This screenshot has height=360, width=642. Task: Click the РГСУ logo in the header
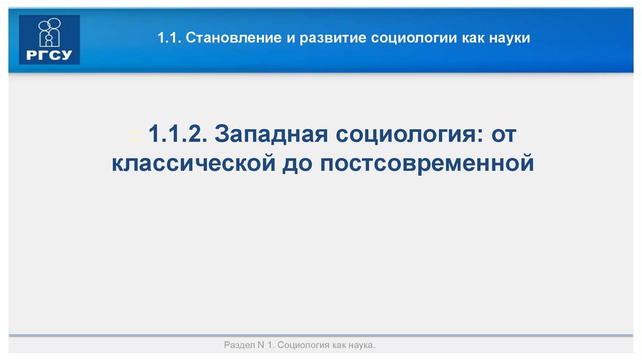point(50,40)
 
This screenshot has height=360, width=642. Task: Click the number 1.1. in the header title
point(170,39)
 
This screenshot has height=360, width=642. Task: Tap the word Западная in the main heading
point(268,133)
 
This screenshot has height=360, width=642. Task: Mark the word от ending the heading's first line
point(506,133)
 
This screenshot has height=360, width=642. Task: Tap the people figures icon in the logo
point(50,32)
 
